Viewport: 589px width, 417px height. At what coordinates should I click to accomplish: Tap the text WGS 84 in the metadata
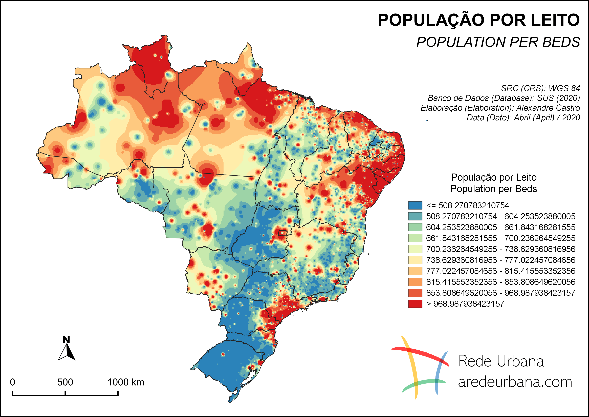point(564,88)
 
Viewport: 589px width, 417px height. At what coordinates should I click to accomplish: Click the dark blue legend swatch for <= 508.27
point(415,205)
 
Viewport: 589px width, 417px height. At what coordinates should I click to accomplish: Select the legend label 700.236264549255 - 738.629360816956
point(500,249)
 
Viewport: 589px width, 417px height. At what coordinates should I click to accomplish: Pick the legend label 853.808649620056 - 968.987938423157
point(500,293)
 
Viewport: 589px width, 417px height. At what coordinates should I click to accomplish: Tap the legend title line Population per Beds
point(494,189)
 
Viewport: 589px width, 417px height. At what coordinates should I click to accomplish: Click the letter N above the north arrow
point(67,340)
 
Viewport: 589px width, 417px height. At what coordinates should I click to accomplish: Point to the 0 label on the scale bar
point(12,382)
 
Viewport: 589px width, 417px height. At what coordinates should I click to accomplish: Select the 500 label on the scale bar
point(65,382)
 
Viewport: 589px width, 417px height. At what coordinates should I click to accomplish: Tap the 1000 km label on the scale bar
point(126,382)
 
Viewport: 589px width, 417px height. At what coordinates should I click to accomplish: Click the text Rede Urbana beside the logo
point(501,361)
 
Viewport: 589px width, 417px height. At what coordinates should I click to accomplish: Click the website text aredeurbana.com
point(515,382)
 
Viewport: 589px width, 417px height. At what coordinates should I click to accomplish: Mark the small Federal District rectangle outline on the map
point(282,233)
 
